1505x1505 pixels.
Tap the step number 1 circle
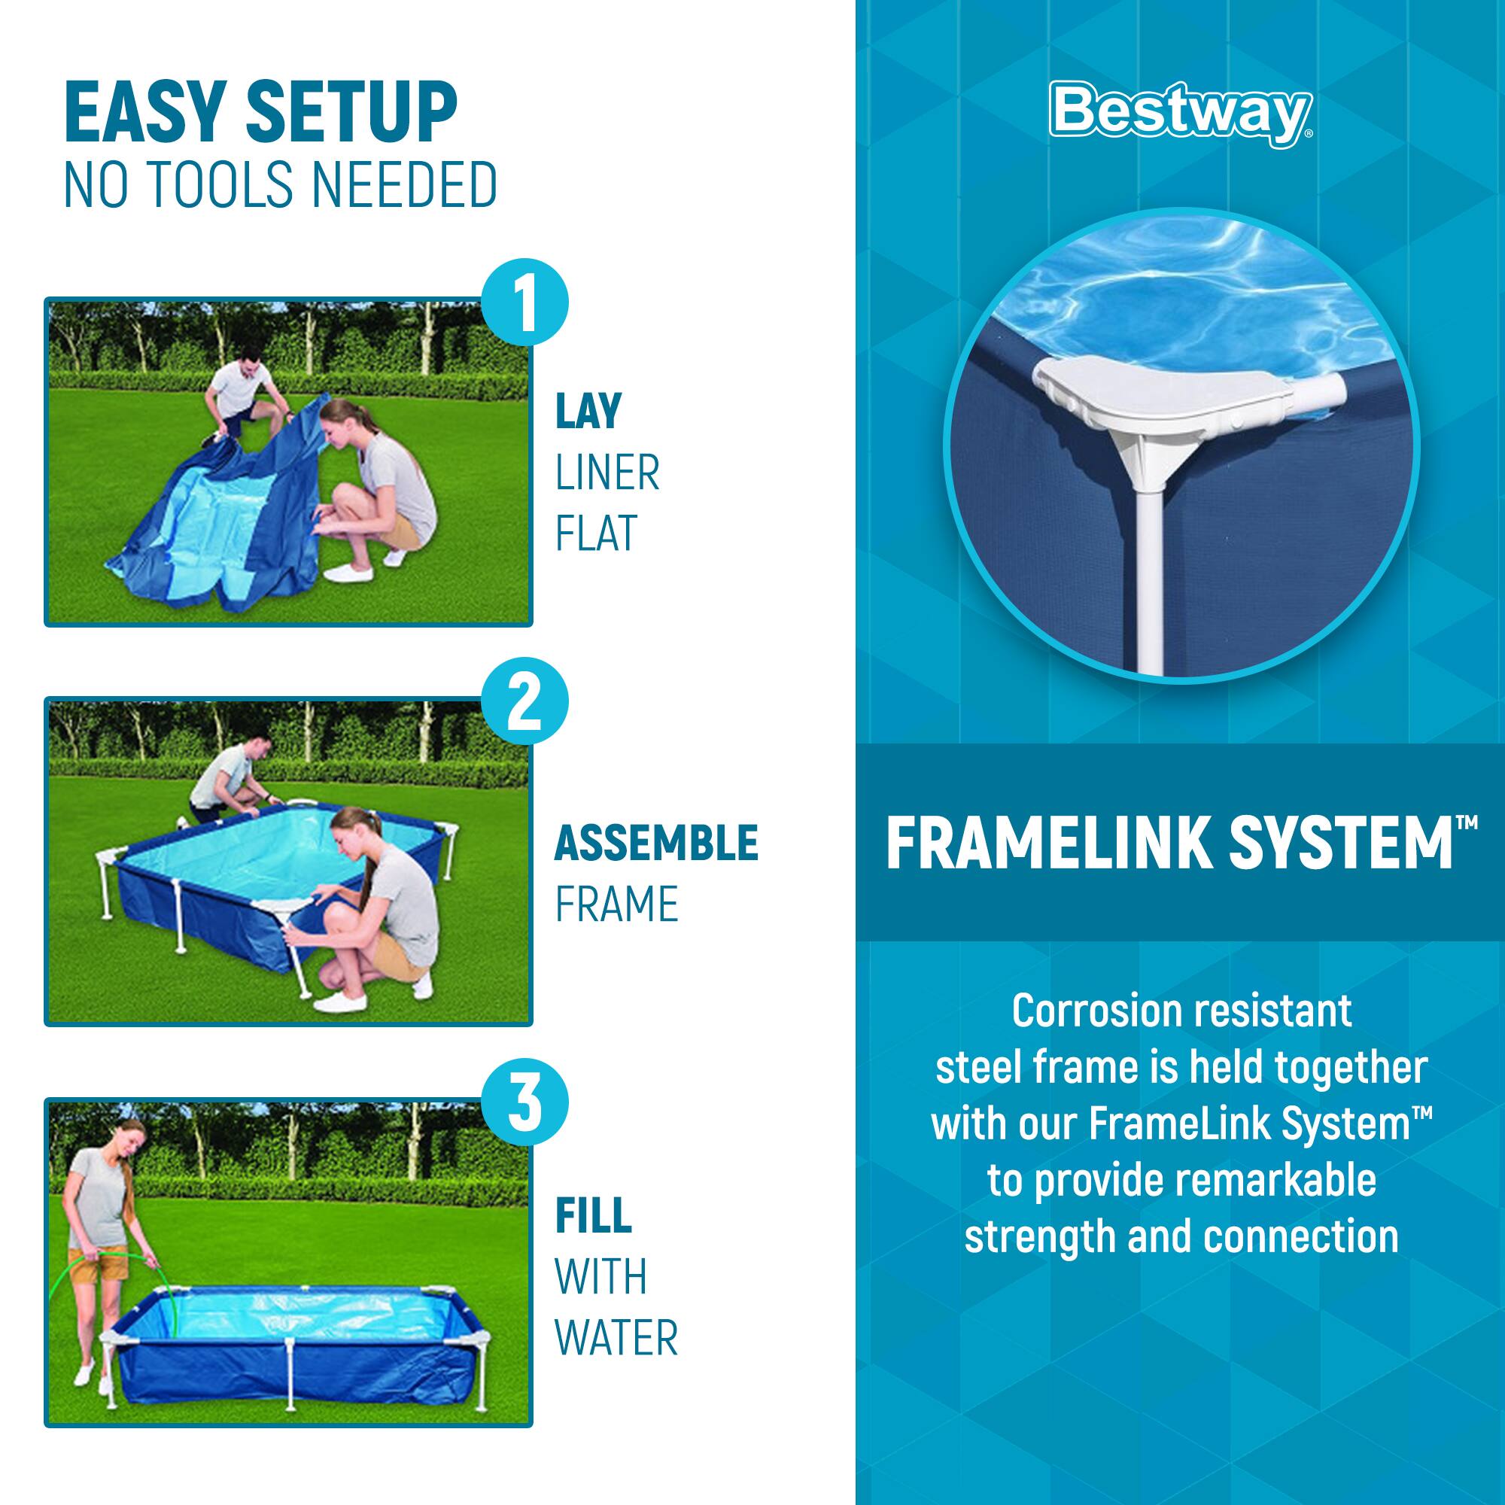pyautogui.click(x=525, y=303)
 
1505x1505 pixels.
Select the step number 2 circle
pyautogui.click(x=525, y=702)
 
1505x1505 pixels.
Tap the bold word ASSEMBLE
pyautogui.click(x=656, y=843)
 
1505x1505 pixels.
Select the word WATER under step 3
pyautogui.click(x=616, y=1338)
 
